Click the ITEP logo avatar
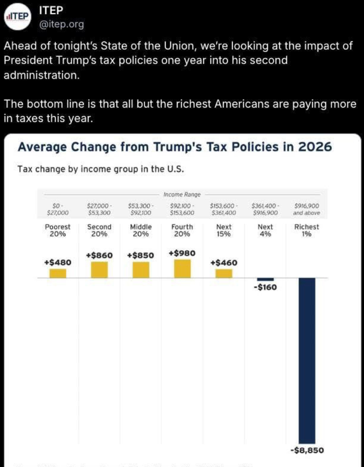(x=17, y=17)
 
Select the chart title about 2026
(x=174, y=147)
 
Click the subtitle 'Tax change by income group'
(x=101, y=170)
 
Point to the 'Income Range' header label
(x=182, y=195)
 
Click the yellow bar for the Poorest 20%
(x=58, y=273)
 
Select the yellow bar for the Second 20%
(x=99, y=269)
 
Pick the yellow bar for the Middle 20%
(x=141, y=270)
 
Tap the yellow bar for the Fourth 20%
(x=182, y=268)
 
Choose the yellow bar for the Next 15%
(x=224, y=273)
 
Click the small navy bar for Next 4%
(x=266, y=279)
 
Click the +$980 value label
(x=182, y=253)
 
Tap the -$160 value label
(x=265, y=287)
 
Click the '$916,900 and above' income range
(x=307, y=210)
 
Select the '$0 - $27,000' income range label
(x=58, y=210)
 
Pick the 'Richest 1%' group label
(x=307, y=230)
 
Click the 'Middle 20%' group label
(x=141, y=230)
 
